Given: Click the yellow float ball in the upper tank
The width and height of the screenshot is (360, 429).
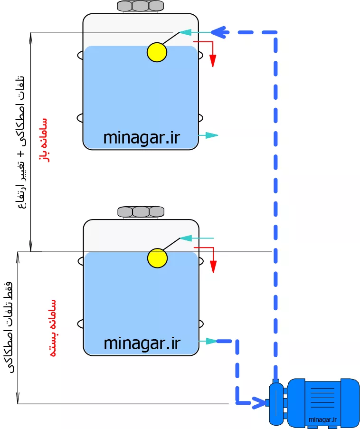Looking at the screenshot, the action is click(x=157, y=52).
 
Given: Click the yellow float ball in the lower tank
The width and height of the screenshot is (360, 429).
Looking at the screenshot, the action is click(x=157, y=258).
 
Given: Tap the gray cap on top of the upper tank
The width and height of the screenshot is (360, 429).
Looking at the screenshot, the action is click(x=141, y=6).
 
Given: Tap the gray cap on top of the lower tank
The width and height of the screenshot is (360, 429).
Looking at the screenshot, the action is click(x=141, y=212).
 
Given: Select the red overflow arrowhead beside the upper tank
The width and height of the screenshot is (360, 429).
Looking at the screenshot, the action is click(x=213, y=61).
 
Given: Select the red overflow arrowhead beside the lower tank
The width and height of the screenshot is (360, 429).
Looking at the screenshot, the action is click(x=213, y=267).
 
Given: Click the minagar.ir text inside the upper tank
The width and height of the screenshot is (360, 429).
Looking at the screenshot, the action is click(x=142, y=138).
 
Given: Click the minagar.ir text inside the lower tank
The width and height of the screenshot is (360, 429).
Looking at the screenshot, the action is click(x=142, y=343).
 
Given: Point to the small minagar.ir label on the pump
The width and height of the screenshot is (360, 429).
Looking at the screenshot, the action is click(x=322, y=419).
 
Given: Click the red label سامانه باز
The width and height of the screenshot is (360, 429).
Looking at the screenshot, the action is click(x=44, y=140).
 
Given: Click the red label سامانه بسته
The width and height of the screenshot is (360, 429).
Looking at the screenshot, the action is click(x=53, y=328).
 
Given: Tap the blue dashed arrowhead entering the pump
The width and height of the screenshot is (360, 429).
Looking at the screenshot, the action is click(x=259, y=402).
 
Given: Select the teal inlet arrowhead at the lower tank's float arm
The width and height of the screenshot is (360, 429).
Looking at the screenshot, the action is click(x=186, y=238).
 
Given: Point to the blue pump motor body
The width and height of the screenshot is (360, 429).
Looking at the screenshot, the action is click(x=323, y=402).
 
